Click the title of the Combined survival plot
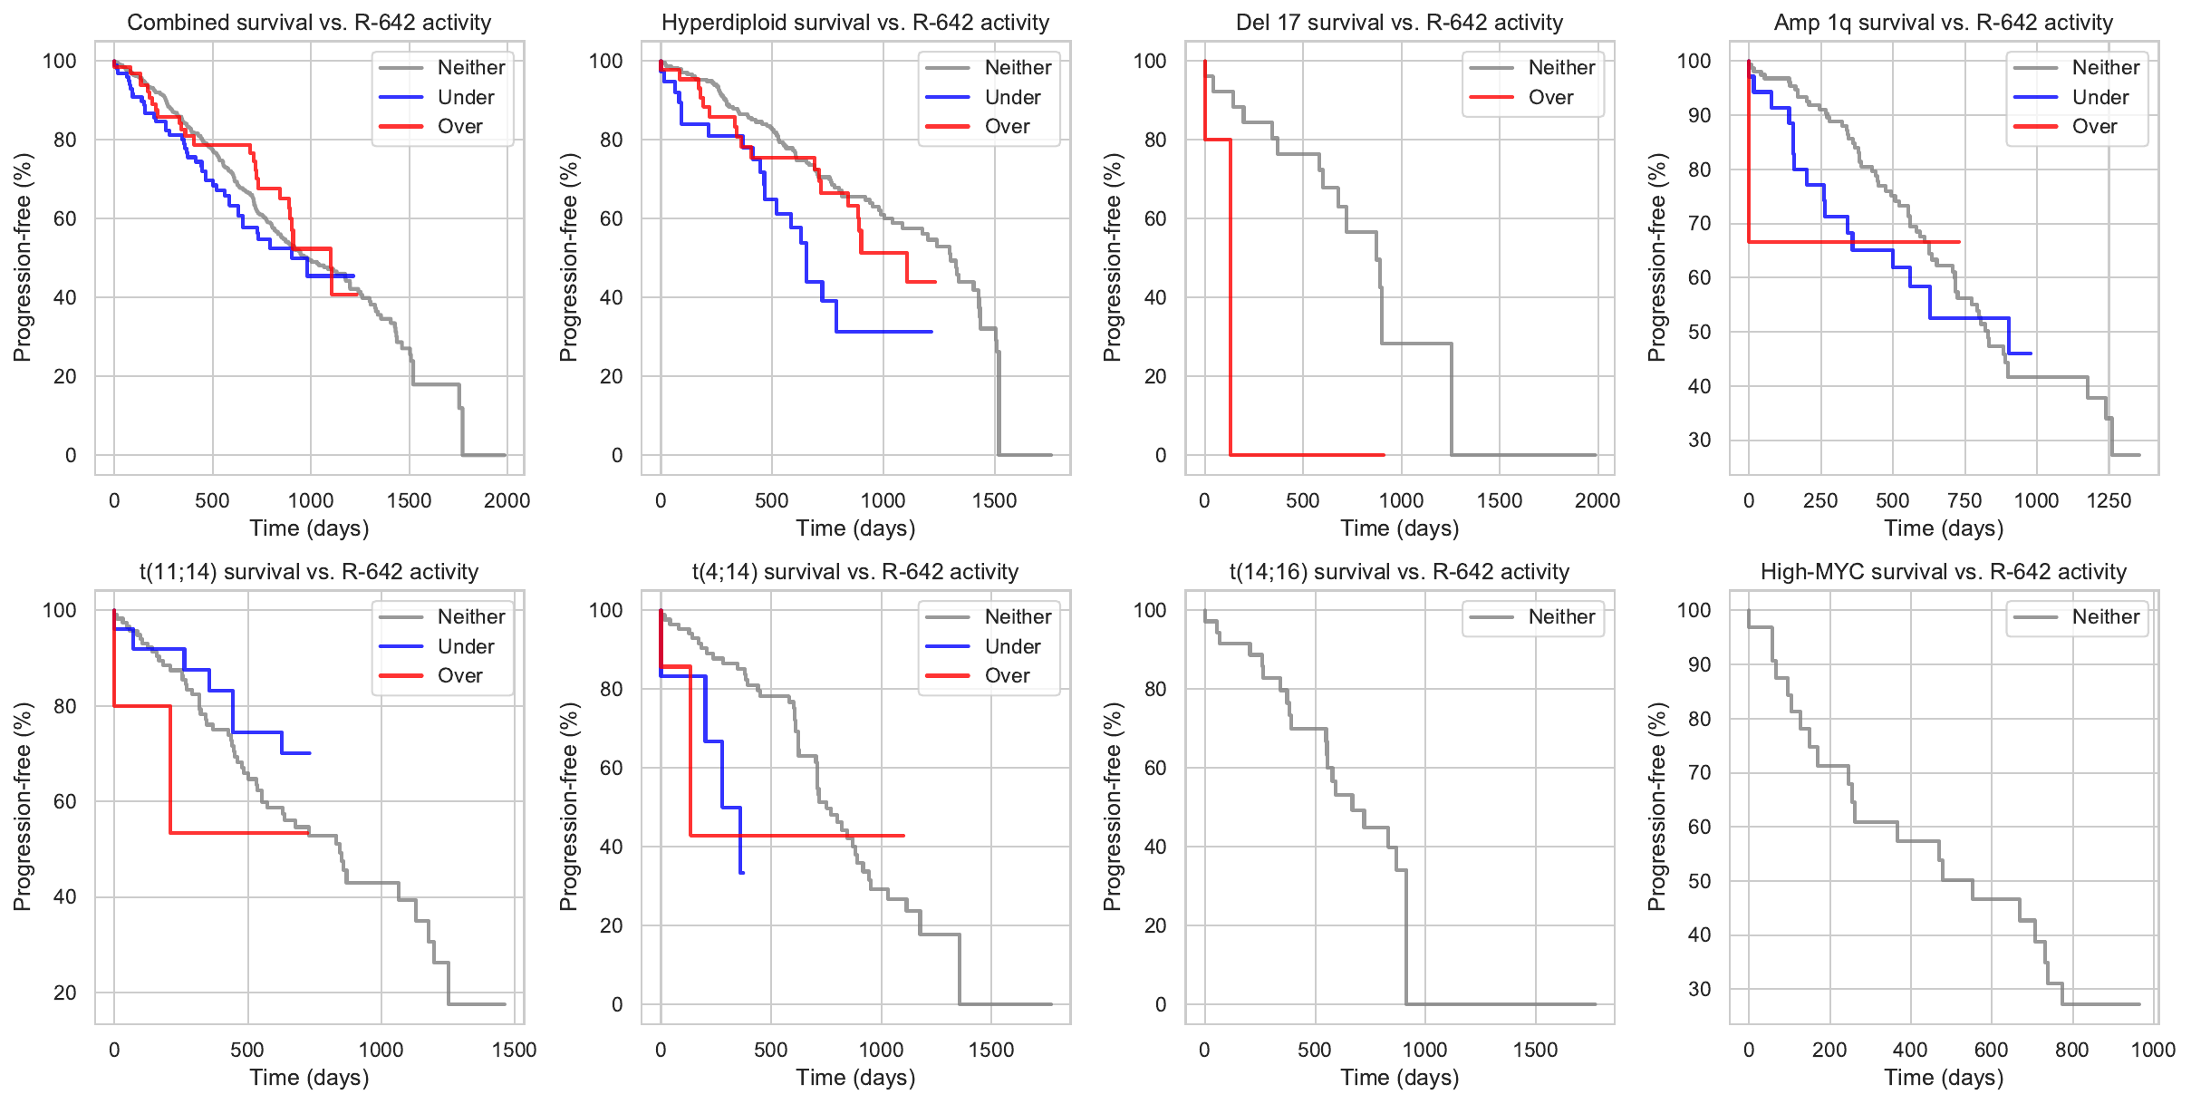coord(309,23)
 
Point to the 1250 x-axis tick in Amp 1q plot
coord(2109,500)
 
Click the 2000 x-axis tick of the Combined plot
coord(507,500)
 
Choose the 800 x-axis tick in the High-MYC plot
coord(2071,1050)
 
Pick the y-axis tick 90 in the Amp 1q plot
coord(1699,115)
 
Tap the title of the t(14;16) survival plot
coord(1399,572)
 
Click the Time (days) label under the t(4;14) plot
coord(855,1078)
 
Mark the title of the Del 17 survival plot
coord(1399,23)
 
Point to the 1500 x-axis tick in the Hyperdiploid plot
coord(994,500)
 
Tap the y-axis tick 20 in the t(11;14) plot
coord(65,993)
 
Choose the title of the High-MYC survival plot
coord(1943,572)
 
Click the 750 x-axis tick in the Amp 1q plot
coord(1964,500)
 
